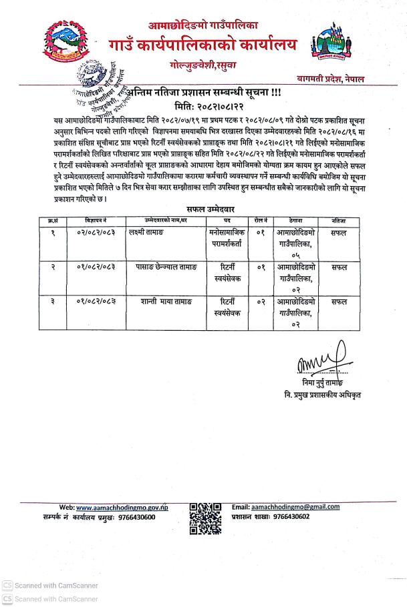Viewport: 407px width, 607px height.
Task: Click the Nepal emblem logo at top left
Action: pos(67,44)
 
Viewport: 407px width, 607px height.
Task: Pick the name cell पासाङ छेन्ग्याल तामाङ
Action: pos(162,267)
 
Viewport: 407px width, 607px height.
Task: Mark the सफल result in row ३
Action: pos(339,301)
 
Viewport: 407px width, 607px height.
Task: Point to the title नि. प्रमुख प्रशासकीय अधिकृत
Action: pos(323,396)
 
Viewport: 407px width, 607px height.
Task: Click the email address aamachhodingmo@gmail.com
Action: pos(295,507)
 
